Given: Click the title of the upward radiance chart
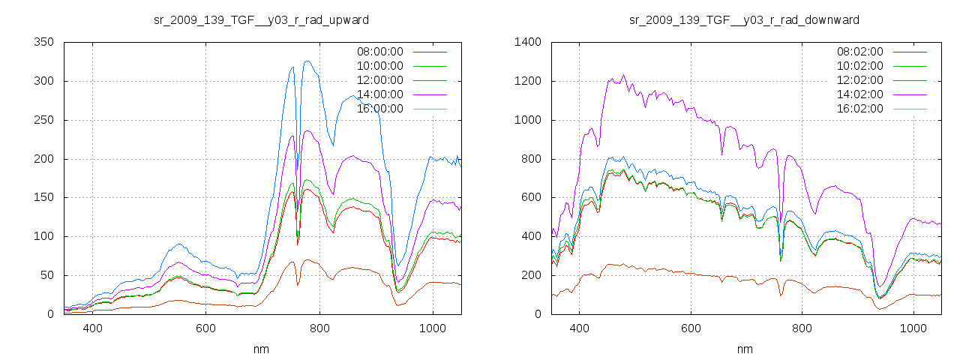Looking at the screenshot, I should coord(261,19).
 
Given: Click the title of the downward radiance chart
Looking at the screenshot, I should coord(744,19).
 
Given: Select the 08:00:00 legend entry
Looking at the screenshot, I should coord(379,52).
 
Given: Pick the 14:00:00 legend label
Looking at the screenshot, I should coord(379,94).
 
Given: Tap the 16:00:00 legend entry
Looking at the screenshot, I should coord(379,109).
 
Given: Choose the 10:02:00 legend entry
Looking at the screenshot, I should coord(860,66).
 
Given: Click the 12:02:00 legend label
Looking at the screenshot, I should coord(860,80).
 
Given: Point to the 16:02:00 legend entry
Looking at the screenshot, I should coord(860,109).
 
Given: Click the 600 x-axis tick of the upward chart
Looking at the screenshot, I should coord(205,328).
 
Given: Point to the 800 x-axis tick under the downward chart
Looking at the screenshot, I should coord(802,328).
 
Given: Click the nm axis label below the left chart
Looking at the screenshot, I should coord(261,349).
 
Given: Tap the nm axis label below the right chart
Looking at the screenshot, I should coord(744,349).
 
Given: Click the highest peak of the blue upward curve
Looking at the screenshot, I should coord(307,61).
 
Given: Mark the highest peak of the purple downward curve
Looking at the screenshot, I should coord(623,74).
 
